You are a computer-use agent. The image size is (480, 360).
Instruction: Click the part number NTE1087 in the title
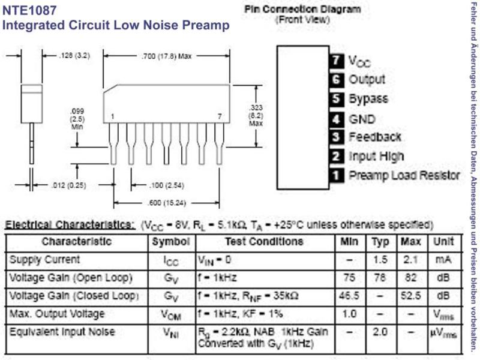click(x=29, y=10)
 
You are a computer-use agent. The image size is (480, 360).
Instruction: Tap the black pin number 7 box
click(x=337, y=61)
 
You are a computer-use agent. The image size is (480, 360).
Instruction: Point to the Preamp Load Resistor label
click(x=404, y=175)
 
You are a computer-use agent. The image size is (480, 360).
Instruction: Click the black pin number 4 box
click(x=337, y=119)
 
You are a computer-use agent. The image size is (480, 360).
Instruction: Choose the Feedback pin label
click(x=375, y=137)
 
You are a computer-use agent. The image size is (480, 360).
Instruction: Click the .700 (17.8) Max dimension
click(x=167, y=56)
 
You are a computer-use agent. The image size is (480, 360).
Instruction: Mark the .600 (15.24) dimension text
click(x=167, y=203)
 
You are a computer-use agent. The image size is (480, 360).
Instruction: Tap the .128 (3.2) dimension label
click(x=74, y=56)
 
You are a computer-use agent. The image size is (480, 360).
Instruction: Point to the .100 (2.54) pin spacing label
click(x=167, y=185)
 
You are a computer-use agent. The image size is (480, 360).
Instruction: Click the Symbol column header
click(x=171, y=242)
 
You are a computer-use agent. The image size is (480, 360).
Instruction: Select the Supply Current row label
click(x=44, y=260)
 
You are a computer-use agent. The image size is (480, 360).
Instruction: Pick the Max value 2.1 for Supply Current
click(x=411, y=260)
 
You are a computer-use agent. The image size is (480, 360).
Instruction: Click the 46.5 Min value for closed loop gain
click(x=349, y=296)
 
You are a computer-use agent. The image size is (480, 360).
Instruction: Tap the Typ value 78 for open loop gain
click(x=380, y=278)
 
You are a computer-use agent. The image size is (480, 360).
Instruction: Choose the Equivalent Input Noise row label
click(x=62, y=332)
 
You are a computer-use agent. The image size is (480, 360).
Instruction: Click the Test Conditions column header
click(x=264, y=242)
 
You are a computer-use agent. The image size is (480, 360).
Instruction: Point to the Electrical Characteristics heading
click(x=70, y=224)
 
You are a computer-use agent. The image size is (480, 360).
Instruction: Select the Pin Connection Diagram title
click(x=302, y=9)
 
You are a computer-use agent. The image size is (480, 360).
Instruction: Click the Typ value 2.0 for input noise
click(x=380, y=332)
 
